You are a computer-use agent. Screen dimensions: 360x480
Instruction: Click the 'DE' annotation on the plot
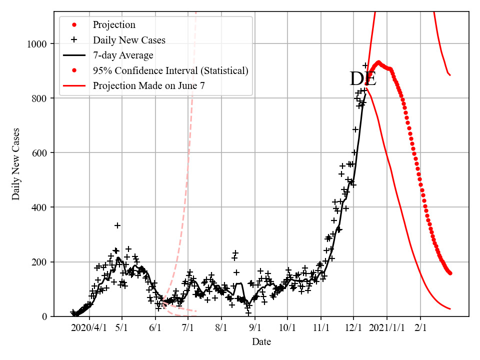point(362,79)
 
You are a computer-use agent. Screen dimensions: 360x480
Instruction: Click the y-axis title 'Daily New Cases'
point(16,164)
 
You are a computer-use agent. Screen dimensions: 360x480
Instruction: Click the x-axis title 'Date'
point(261,342)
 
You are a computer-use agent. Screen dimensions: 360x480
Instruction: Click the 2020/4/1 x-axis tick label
point(89,328)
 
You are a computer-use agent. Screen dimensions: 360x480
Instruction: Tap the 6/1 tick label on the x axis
point(155,328)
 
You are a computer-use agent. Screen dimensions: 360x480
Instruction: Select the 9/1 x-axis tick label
point(255,328)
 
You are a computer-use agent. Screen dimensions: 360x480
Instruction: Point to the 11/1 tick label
point(321,328)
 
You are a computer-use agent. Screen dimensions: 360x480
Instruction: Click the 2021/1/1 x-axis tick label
point(387,328)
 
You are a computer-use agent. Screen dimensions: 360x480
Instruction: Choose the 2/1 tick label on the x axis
point(420,328)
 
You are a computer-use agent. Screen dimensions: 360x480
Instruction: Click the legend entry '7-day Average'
point(123,55)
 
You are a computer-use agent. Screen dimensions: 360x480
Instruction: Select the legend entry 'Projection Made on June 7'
point(148,86)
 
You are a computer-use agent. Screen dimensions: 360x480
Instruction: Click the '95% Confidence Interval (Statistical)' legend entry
point(170,70)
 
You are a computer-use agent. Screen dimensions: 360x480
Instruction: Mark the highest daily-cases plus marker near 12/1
point(365,65)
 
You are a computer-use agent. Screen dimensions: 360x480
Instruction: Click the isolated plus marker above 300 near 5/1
point(117,225)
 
